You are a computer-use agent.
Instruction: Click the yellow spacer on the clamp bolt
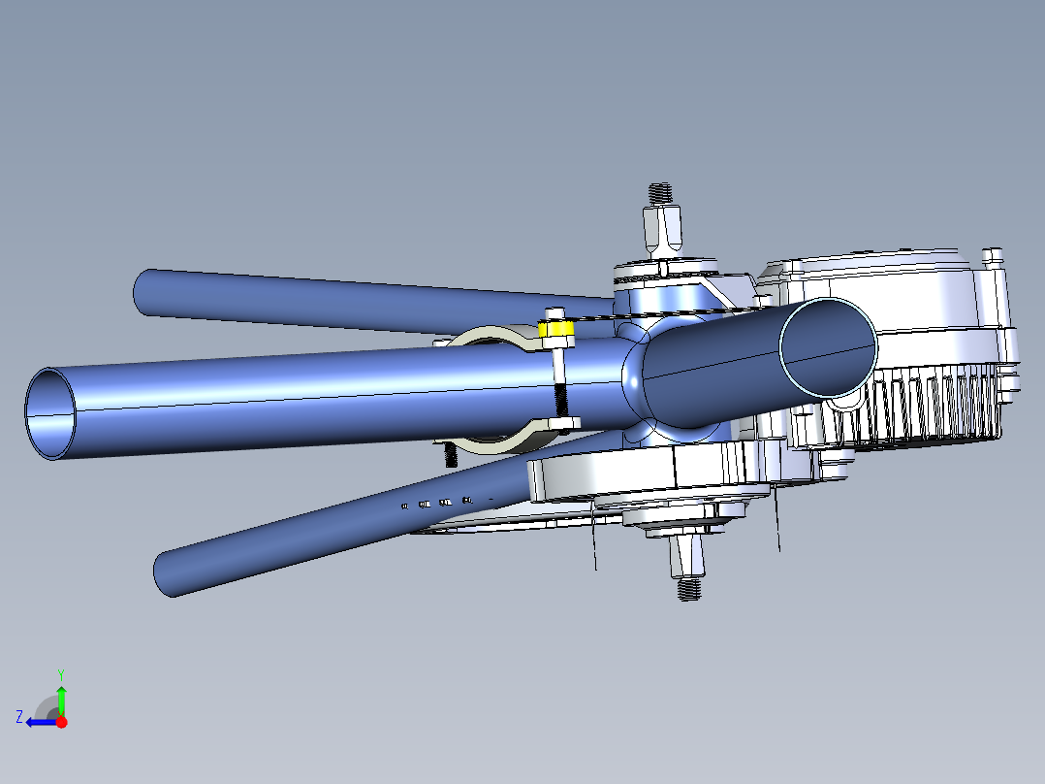click(x=556, y=331)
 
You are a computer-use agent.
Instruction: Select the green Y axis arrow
click(x=61, y=698)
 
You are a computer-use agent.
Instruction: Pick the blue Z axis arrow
click(x=40, y=722)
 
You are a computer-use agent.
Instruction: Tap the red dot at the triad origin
click(x=61, y=722)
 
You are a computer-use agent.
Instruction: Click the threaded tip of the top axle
click(x=661, y=192)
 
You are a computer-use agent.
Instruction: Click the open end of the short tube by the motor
click(x=829, y=346)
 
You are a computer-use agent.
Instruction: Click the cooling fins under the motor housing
click(x=931, y=408)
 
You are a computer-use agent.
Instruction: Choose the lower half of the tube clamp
click(x=504, y=443)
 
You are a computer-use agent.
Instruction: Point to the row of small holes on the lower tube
click(x=436, y=503)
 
